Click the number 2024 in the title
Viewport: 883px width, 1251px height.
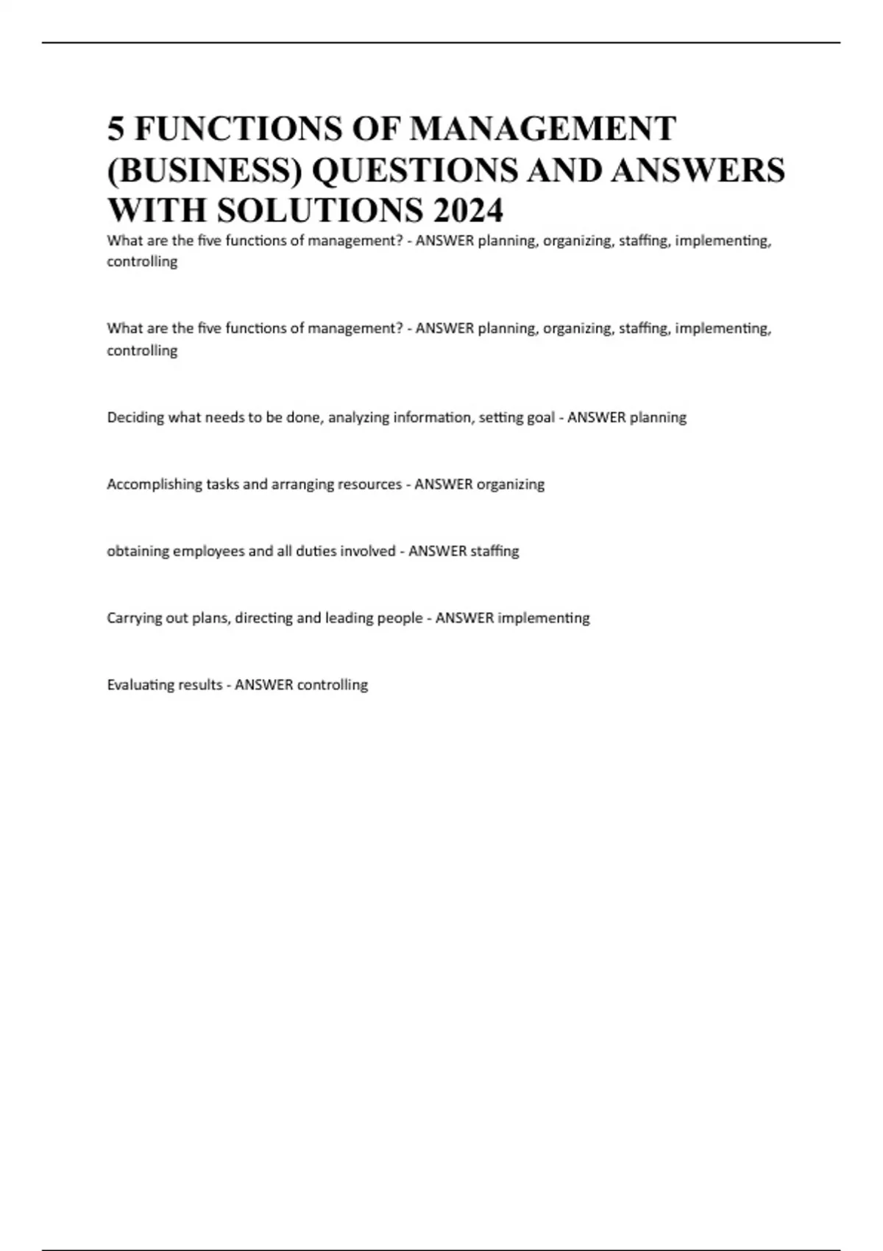click(x=468, y=210)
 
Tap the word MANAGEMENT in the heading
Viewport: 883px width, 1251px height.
click(x=542, y=129)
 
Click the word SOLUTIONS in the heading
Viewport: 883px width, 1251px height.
click(x=320, y=210)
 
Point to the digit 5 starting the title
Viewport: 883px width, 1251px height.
click(x=116, y=129)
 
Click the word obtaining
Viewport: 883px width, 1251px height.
click(x=138, y=551)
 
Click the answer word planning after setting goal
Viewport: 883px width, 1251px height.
click(x=658, y=418)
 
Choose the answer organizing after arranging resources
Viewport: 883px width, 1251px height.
click(x=511, y=484)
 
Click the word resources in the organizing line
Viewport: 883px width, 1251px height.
click(x=369, y=484)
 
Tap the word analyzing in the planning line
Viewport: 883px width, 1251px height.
click(x=358, y=418)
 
